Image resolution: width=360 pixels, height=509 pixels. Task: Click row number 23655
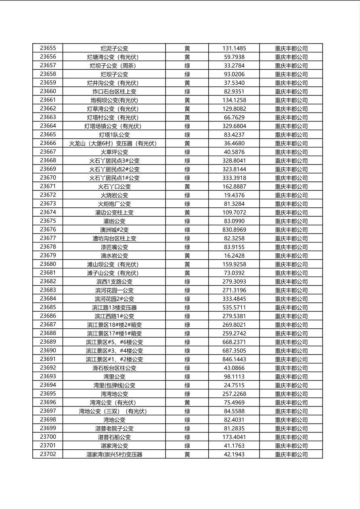pos(48,48)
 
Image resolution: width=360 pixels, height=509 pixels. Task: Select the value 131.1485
pos(234,48)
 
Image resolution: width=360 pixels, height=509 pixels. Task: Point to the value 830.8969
pos(234,230)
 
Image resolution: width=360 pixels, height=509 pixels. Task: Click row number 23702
pos(48,454)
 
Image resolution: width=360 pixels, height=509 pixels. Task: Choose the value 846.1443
pos(234,359)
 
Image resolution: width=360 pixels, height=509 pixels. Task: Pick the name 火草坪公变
pos(114,152)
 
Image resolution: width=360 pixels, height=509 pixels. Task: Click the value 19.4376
pos(234,195)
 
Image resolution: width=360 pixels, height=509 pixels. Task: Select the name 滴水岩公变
pos(114,256)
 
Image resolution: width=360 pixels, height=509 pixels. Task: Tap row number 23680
pos(48,264)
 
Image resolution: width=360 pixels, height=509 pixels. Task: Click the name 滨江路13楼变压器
pos(114,308)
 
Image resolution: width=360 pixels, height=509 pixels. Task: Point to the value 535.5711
pos(234,308)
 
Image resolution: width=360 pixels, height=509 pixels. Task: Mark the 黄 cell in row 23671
pos(187,187)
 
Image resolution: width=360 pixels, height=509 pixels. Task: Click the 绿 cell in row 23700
pos(187,437)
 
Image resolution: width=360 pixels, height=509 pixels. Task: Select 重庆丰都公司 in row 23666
pos(291,144)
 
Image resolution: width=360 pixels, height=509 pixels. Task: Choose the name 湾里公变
pos(114,377)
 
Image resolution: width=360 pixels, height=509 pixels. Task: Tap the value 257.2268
pos(234,394)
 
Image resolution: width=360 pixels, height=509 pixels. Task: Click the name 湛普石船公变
pos(114,437)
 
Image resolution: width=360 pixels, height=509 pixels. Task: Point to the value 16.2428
pos(234,256)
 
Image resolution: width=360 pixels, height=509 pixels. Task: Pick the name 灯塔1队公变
pos(114,135)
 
